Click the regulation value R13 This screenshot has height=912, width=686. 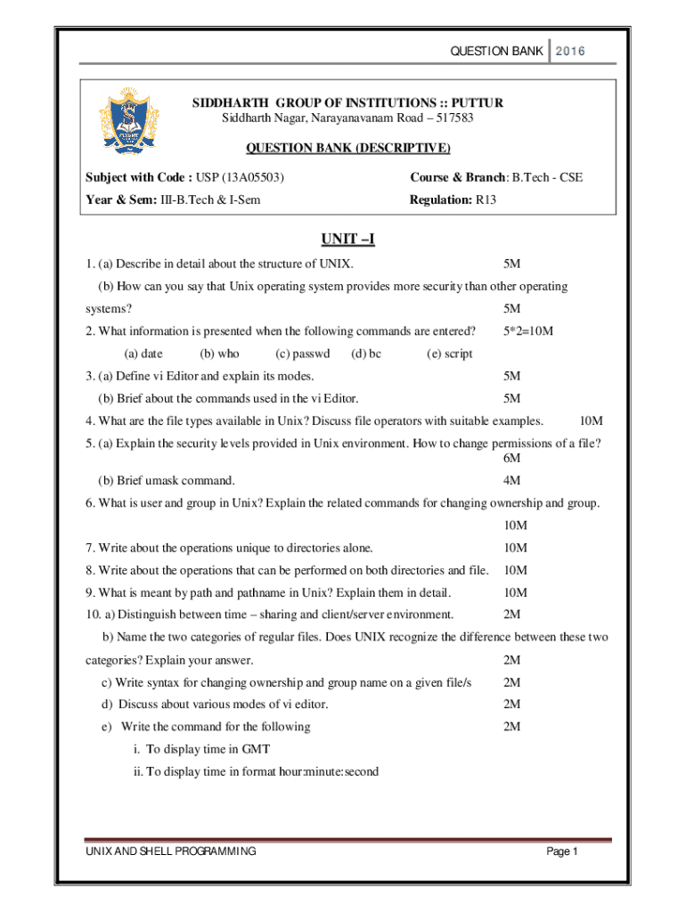click(486, 200)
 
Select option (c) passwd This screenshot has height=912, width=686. click(303, 354)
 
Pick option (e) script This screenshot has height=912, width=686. click(450, 354)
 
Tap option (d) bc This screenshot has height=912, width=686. click(366, 354)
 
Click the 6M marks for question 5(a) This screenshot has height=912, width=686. click(511, 458)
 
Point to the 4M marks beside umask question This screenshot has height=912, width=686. click(511, 481)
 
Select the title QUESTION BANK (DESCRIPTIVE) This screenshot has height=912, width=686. click(347, 147)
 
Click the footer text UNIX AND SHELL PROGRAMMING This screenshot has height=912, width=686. click(170, 852)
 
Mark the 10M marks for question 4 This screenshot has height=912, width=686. click(592, 420)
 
